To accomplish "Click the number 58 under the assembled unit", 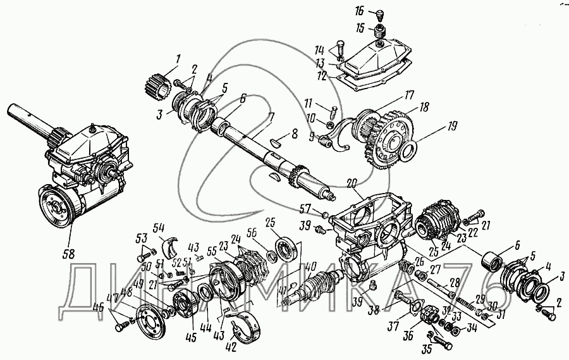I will pos(68,254).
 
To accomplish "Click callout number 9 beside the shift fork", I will pos(311,135).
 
